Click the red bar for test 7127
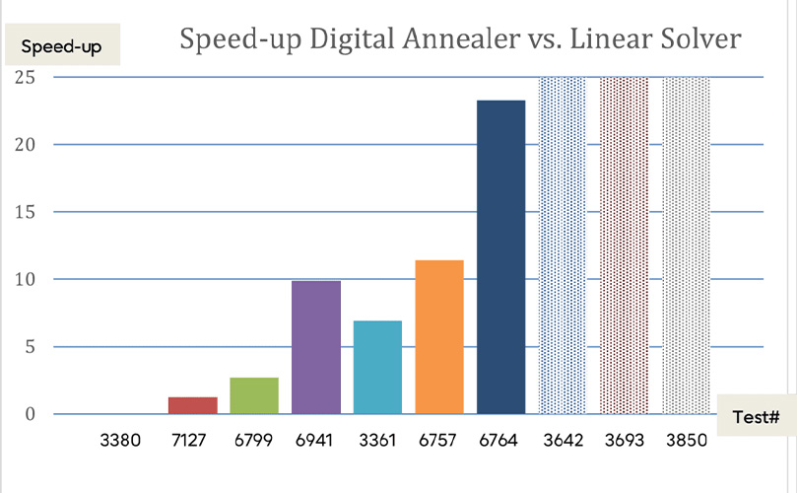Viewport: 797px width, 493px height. (x=192, y=405)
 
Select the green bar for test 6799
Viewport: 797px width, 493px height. (x=254, y=395)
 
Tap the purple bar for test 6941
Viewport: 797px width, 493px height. (x=316, y=347)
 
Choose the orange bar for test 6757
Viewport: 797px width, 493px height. (x=439, y=336)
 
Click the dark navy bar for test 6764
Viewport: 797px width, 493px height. (x=501, y=256)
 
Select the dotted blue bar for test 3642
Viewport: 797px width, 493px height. (x=563, y=245)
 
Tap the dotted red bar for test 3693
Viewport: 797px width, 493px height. (x=625, y=245)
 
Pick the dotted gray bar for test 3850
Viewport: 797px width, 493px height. (x=686, y=245)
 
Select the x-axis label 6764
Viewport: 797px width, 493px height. (x=501, y=441)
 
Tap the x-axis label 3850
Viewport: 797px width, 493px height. (x=686, y=441)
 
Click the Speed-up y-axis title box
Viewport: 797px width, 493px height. (x=61, y=46)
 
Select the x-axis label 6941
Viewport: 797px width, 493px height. (x=316, y=441)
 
